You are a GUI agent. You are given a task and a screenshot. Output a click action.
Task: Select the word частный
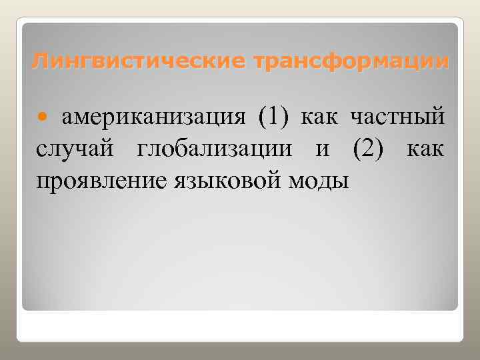pos(398,118)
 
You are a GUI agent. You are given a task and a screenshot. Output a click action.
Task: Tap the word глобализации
pos(215,149)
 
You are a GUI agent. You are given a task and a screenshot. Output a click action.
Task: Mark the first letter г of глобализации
pos(143,149)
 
